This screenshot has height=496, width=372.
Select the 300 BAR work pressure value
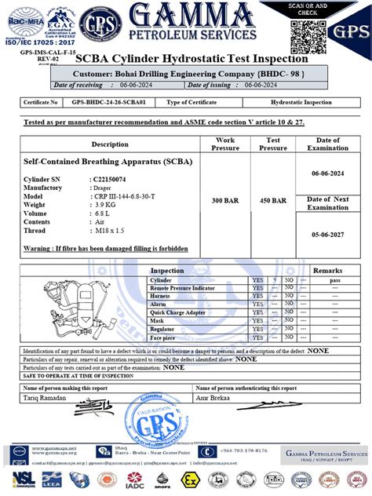224,202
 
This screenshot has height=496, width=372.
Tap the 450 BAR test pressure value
272,202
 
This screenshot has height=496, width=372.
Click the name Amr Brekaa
217,398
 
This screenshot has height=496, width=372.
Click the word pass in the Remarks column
335,280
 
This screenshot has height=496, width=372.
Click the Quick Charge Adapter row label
178,312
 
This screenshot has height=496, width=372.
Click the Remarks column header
328,270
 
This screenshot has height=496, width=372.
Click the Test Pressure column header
272,144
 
